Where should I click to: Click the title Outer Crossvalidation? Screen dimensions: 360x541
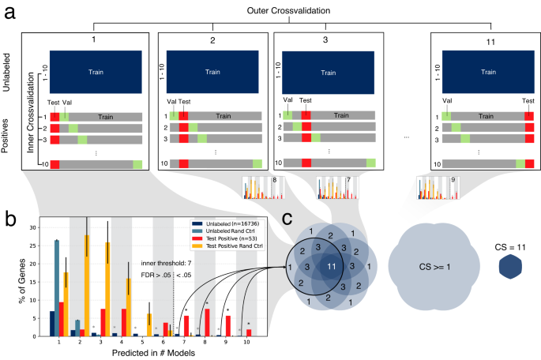coord(270,9)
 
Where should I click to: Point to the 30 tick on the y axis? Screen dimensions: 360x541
coord(33,227)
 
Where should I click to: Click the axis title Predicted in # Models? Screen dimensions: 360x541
coord(150,353)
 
